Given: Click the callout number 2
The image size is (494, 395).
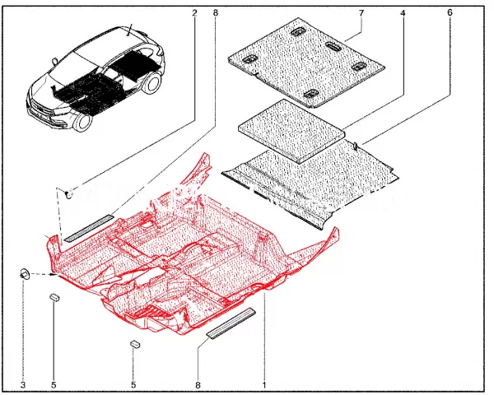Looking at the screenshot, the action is (194, 13).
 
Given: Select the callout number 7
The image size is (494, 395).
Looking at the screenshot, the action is (361, 13).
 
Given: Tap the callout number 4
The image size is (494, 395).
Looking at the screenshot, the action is (403, 13).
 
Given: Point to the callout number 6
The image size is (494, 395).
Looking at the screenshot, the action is (450, 12).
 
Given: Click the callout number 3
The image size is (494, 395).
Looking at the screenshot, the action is (23, 385).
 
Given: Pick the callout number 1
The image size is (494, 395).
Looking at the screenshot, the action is (264, 385).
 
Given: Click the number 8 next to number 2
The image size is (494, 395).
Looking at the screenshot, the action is (216, 13).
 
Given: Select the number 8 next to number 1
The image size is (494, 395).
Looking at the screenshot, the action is (198, 385).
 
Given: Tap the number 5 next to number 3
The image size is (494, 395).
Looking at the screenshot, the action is (54, 385).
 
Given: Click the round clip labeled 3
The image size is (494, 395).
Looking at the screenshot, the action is (25, 273).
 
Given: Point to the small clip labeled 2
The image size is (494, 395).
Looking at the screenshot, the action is (69, 193).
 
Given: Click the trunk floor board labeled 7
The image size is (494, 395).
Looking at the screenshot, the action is (306, 62).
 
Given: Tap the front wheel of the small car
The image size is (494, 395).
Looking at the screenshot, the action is (82, 122).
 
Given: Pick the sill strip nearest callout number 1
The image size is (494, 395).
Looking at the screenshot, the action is (231, 323).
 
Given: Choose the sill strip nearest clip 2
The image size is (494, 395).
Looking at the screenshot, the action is (88, 228).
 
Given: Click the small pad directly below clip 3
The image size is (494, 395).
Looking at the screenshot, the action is (54, 297).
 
